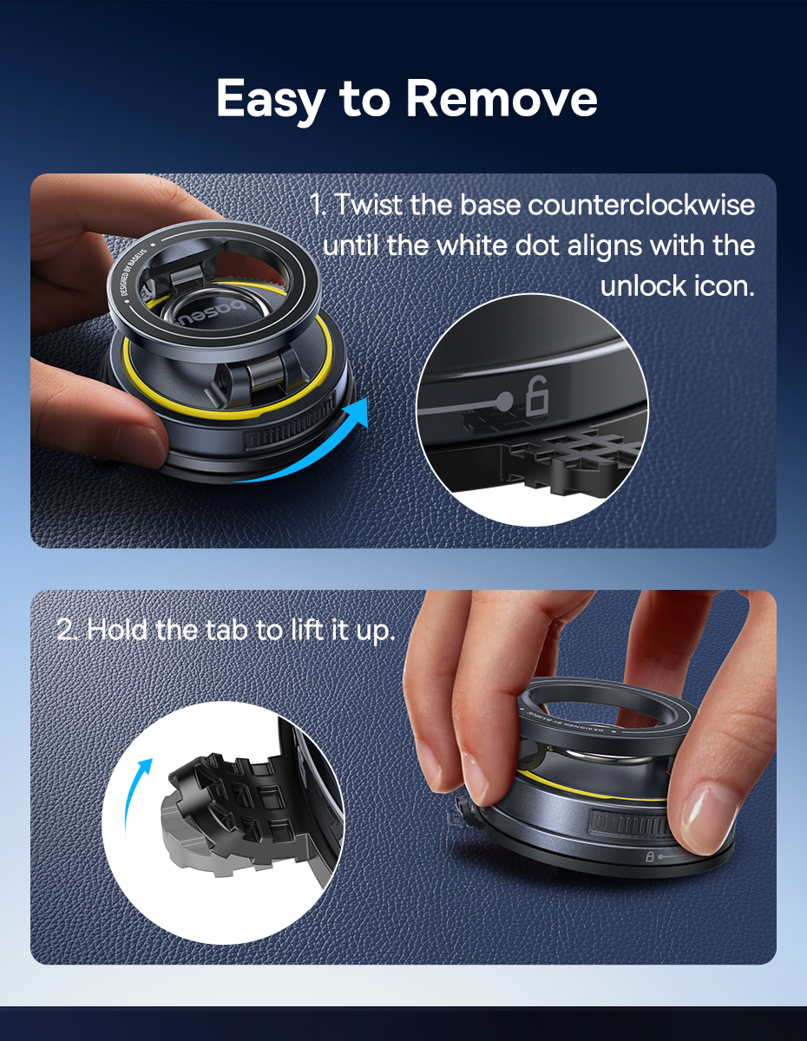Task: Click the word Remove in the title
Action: click(x=502, y=99)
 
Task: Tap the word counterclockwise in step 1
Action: click(x=641, y=205)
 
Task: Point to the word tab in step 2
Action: click(x=228, y=630)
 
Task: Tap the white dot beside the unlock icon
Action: click(x=505, y=401)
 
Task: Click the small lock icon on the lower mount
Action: click(x=650, y=856)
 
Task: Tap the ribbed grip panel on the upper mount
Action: click(x=292, y=429)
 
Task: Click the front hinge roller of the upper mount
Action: click(x=261, y=373)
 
